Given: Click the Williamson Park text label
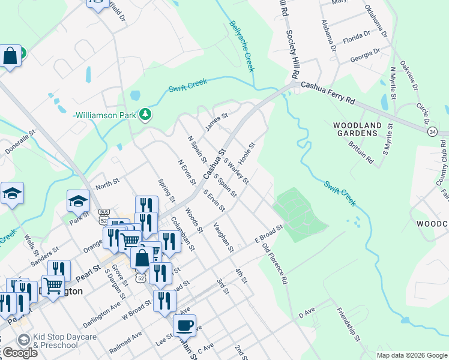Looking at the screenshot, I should point(105,115).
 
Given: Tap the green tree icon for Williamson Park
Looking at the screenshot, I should point(145,114).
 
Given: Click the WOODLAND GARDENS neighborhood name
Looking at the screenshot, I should point(357,129).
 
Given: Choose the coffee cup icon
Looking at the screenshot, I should point(184,325).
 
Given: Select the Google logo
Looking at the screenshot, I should point(19,353).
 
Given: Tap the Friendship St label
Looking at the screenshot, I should point(348,325).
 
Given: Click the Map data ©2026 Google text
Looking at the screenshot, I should point(411,355).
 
